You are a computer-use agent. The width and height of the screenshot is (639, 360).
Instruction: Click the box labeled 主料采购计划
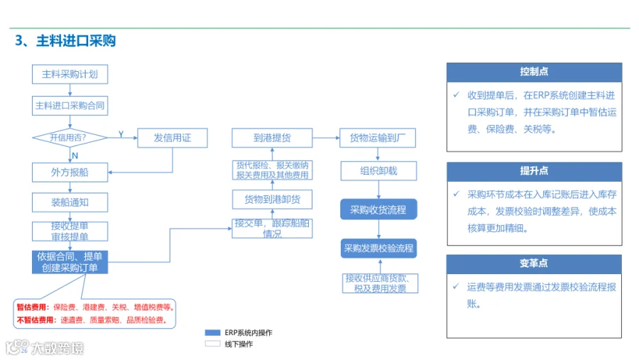pyautogui.click(x=70, y=75)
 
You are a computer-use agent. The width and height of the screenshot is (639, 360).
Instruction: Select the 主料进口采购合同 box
pyautogui.click(x=70, y=106)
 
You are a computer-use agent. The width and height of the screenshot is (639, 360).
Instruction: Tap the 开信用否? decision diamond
pyautogui.click(x=70, y=138)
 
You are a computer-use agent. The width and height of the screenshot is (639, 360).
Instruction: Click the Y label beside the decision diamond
pyautogui.click(x=121, y=134)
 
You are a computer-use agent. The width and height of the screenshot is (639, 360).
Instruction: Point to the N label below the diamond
pyautogui.click(x=75, y=156)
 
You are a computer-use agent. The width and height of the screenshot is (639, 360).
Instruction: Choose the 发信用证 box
pyautogui.click(x=173, y=138)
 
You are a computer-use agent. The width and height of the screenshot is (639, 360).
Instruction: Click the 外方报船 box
pyautogui.click(x=70, y=173)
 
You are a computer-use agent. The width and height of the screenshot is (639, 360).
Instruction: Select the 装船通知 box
pyautogui.click(x=70, y=202)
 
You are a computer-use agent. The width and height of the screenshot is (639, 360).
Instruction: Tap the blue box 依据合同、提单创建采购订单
pyautogui.click(x=70, y=262)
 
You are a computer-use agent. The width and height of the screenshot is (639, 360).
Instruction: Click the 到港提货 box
pyautogui.click(x=272, y=138)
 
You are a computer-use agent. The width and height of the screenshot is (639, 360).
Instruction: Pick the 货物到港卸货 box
pyautogui.click(x=272, y=200)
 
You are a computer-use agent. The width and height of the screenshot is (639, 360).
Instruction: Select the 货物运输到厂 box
pyautogui.click(x=378, y=138)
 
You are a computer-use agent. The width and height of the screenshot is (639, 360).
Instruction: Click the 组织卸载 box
pyautogui.click(x=378, y=171)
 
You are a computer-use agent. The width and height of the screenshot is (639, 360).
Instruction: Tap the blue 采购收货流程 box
pyautogui.click(x=378, y=209)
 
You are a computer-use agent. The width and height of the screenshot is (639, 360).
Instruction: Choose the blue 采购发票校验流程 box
pyautogui.click(x=378, y=249)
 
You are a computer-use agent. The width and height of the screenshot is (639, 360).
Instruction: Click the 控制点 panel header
pyautogui.click(x=534, y=72)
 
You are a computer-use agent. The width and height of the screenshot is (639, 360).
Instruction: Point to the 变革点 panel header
pyautogui.click(x=534, y=263)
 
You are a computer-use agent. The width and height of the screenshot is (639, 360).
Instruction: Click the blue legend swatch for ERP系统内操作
pyautogui.click(x=213, y=333)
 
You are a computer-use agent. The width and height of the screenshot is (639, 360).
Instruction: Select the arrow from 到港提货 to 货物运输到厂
pyautogui.click(x=326, y=138)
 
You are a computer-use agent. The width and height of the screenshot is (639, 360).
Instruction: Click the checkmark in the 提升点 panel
pyautogui.click(x=457, y=194)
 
